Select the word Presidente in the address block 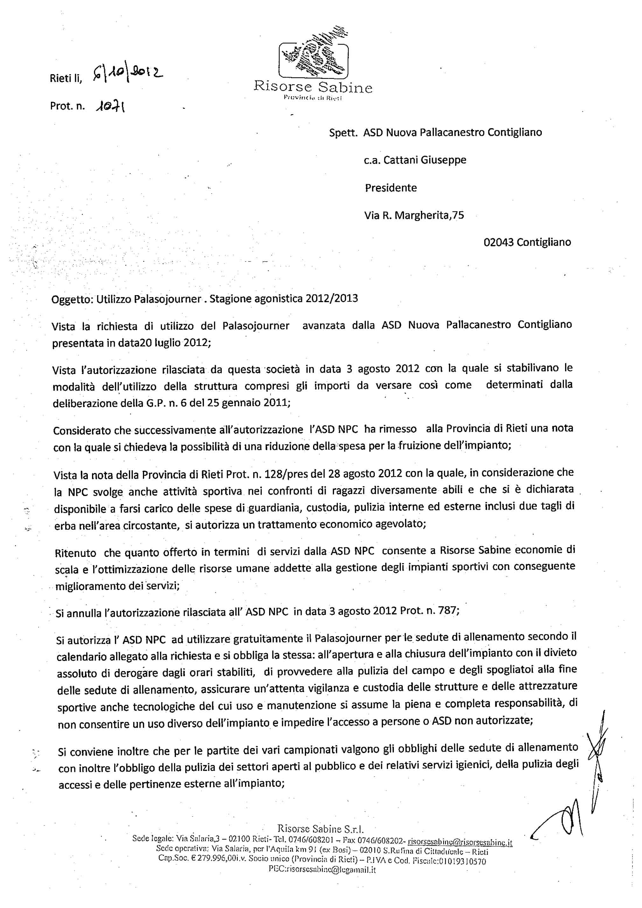[x=390, y=188]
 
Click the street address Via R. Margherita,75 [x=414, y=216]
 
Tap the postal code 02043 [x=499, y=242]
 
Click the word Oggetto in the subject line [x=71, y=299]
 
